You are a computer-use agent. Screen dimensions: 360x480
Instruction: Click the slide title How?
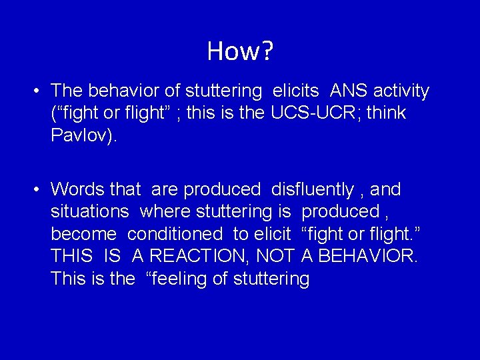(240, 51)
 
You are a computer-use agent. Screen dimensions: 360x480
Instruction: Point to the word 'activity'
(403, 91)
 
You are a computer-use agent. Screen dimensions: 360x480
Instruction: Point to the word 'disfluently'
(312, 190)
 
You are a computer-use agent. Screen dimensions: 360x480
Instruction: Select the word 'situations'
(90, 212)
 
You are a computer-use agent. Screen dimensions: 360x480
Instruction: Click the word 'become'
(84, 235)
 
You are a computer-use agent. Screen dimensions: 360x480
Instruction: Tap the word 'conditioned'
(175, 235)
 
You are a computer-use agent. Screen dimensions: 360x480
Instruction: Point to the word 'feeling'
(176, 279)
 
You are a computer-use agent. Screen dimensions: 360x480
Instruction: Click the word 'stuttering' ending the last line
(271, 279)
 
